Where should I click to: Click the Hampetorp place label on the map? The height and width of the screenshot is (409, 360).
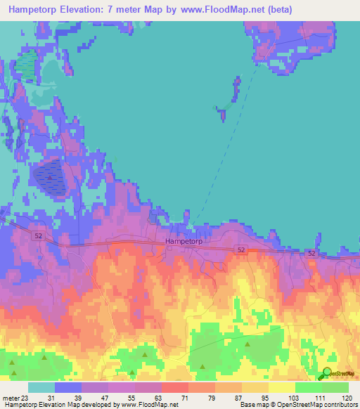click(184, 241)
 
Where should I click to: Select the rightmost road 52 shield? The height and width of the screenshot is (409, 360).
click(311, 252)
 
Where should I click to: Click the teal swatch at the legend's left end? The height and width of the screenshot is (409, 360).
click(41, 387)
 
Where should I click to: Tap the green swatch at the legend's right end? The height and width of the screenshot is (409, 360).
click(335, 387)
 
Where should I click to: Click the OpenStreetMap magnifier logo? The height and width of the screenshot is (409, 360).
click(326, 373)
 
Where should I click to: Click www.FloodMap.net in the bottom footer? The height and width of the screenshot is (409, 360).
click(146, 405)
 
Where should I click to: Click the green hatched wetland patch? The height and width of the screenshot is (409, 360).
click(27, 64)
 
